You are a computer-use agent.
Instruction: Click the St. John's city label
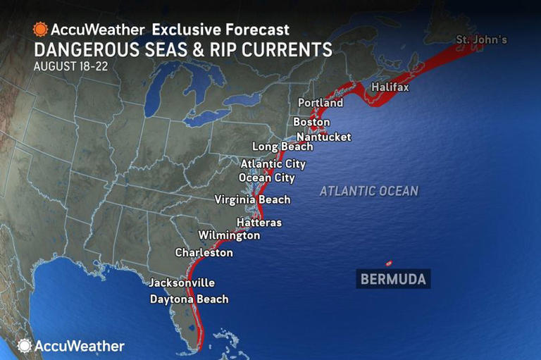[x=481, y=39]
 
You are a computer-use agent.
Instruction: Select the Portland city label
[x=321, y=103]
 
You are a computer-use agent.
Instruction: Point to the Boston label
[x=311, y=122]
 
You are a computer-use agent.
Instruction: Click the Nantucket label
[x=323, y=137]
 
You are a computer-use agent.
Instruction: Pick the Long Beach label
[x=282, y=147]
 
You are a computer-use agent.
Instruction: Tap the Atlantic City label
[x=273, y=164]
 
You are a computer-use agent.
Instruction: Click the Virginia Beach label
[x=252, y=199]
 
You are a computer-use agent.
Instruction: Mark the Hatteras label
[x=259, y=223]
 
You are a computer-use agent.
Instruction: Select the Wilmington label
[x=229, y=235]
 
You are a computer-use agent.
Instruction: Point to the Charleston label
[x=204, y=252]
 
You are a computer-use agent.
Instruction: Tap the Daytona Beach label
[x=189, y=299]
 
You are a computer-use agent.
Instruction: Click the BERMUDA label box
[x=393, y=280]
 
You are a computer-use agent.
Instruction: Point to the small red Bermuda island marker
[x=387, y=263]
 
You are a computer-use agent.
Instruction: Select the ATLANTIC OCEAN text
[x=368, y=191]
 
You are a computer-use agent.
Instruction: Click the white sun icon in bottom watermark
[x=25, y=345]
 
